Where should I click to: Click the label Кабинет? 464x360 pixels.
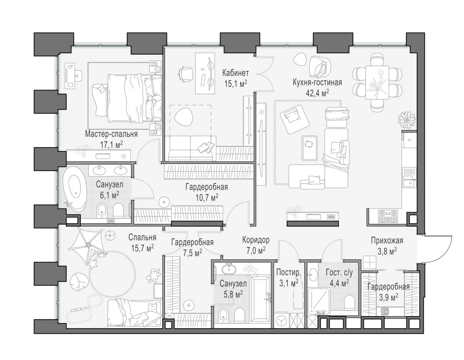click(x=235, y=73)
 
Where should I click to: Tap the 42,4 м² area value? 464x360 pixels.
click(x=317, y=93)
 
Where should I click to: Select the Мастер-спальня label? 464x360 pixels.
click(x=111, y=134)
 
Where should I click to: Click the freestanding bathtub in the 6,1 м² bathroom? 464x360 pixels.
click(x=75, y=189)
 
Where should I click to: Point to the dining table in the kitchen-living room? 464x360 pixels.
click(x=377, y=82)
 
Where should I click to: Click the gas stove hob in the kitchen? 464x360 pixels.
click(x=388, y=216)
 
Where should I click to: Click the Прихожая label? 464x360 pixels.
click(x=387, y=241)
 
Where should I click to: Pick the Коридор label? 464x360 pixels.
click(x=256, y=240)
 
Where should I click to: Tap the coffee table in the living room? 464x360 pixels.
click(x=310, y=148)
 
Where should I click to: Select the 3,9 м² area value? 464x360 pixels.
click(x=389, y=297)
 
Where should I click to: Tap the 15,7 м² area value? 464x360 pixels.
click(x=142, y=248)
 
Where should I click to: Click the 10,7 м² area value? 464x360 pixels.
click(x=207, y=197)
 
